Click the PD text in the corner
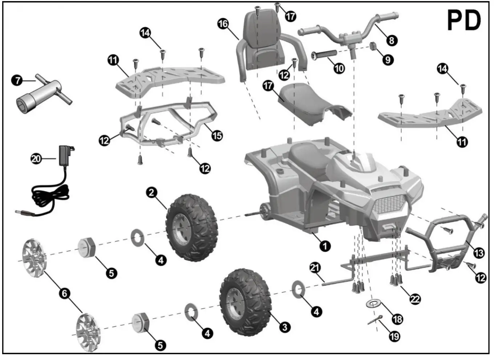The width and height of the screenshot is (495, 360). click(464, 21)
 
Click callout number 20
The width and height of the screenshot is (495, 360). click(36, 159)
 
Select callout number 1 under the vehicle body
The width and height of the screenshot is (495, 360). click(325, 246)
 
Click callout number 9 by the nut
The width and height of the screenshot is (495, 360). click(388, 59)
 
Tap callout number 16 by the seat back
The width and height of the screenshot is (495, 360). click(223, 24)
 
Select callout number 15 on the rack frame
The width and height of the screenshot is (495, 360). click(217, 136)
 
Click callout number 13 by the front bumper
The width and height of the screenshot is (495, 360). click(479, 253)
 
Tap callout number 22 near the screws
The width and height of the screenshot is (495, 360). click(415, 299)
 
